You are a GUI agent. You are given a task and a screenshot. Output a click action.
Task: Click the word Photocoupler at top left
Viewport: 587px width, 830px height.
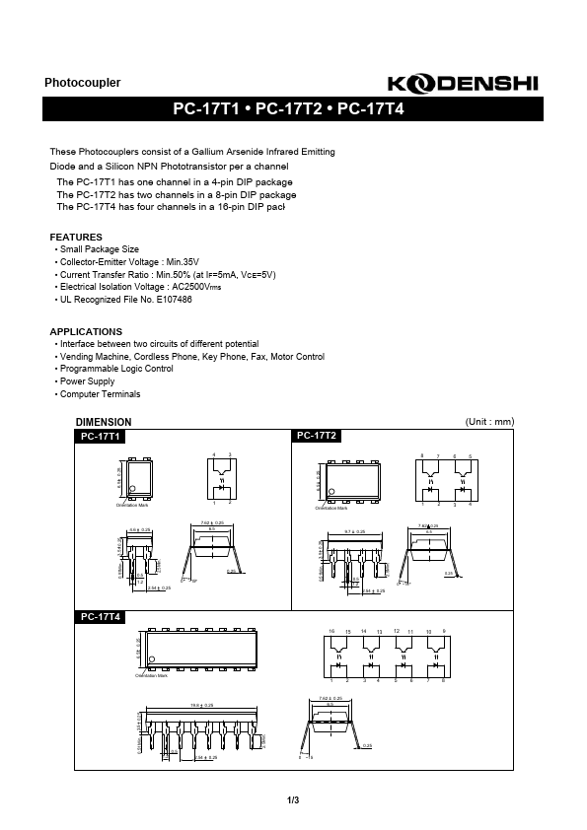[83, 84]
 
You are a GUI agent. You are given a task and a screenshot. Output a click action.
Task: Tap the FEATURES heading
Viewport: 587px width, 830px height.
[76, 238]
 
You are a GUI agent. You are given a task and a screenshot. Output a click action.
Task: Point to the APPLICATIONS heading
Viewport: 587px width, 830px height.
[86, 331]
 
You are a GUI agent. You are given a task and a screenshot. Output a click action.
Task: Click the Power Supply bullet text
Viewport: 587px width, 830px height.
[87, 381]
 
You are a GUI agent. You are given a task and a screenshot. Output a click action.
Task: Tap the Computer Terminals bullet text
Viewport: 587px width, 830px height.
[100, 394]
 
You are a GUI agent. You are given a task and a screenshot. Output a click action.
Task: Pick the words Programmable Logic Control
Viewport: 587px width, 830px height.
[116, 369]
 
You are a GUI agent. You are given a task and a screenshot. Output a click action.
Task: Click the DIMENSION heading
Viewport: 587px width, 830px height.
[104, 422]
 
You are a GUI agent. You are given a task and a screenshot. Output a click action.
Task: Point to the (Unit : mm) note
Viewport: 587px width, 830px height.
[489, 422]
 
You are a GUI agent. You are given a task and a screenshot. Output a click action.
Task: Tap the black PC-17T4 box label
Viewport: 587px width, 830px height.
[101, 617]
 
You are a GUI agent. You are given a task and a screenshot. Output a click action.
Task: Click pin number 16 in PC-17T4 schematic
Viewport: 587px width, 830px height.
[333, 630]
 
